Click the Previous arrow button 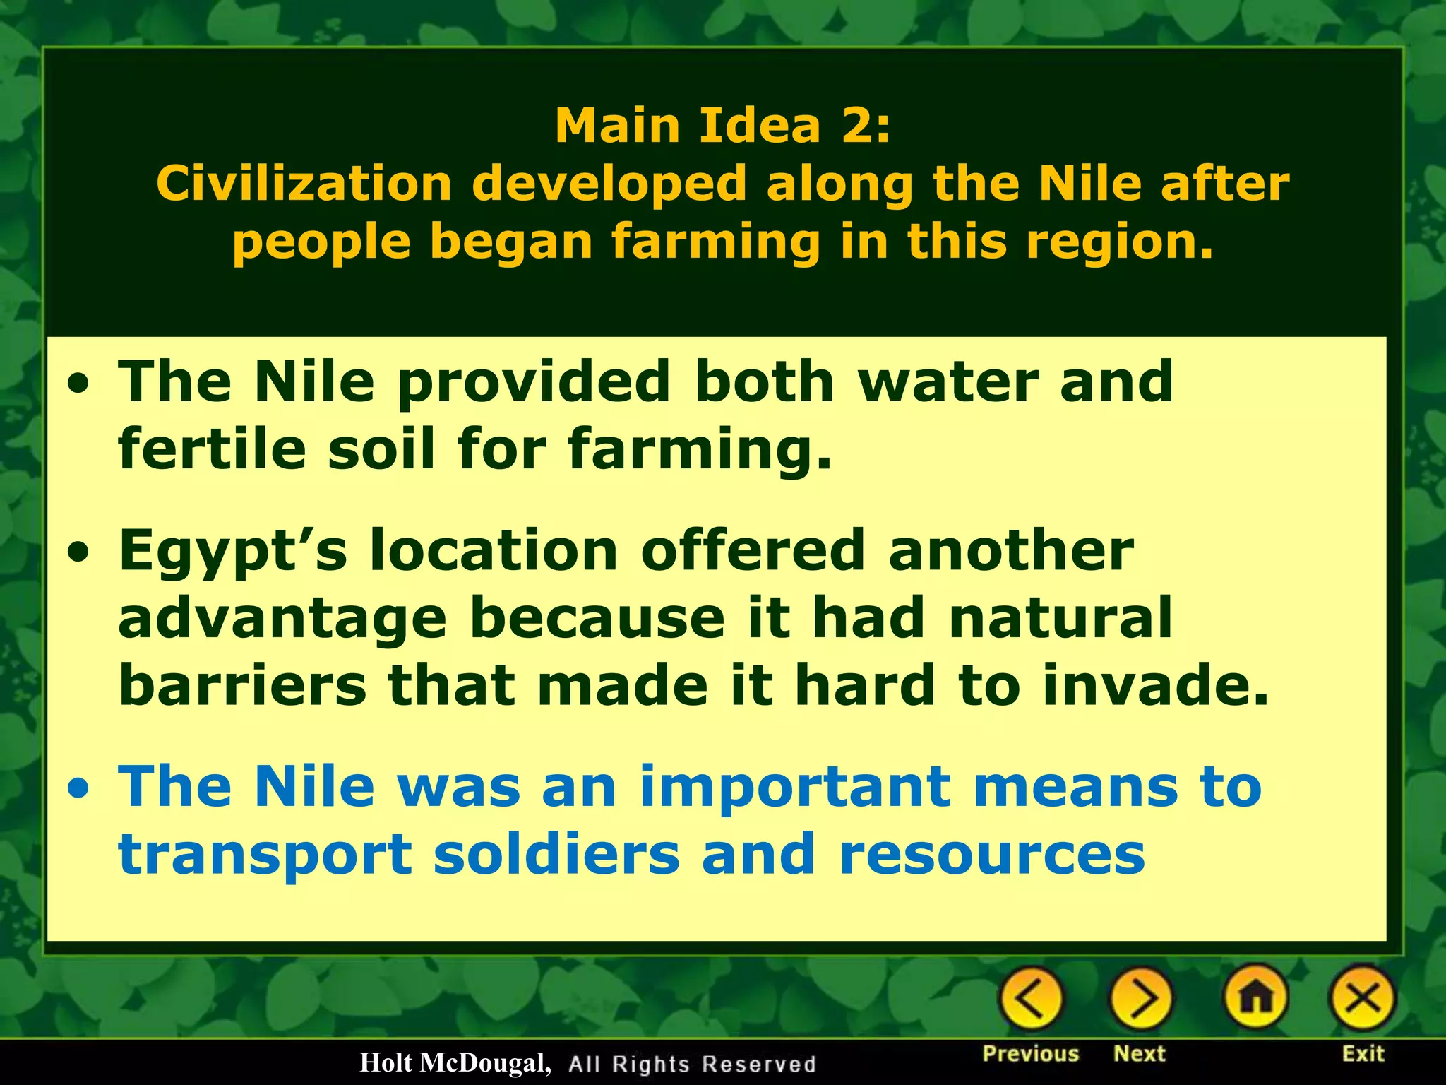coord(1030,999)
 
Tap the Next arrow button coord(1140,999)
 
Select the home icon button coord(1257,999)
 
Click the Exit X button coord(1362,999)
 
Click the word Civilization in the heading coord(304,184)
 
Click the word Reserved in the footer coord(759,1065)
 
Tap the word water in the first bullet coord(947,381)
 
